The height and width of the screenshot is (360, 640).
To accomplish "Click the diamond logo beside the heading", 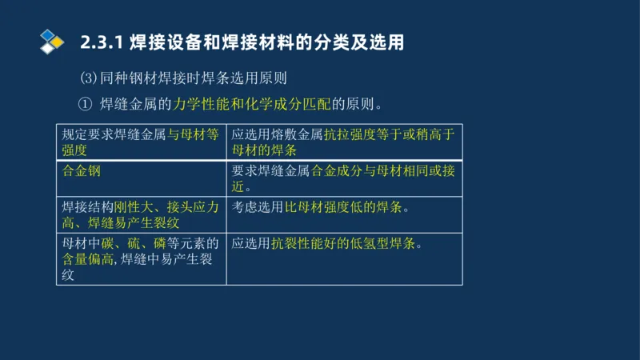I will [50, 40].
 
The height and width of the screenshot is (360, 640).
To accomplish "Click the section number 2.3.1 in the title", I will [99, 42].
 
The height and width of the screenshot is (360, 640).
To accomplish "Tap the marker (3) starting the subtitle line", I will [89, 78].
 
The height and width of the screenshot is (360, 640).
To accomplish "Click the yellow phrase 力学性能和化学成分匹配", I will [241, 104].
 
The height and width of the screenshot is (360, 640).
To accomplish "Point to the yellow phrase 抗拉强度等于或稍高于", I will [390, 134].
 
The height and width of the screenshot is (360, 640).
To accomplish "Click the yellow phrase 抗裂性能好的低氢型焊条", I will [345, 243].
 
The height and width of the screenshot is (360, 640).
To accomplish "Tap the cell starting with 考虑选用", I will [344, 214].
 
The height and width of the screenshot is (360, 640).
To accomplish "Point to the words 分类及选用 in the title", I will [358, 42].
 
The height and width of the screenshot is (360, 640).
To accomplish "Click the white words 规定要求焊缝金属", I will [113, 134].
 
